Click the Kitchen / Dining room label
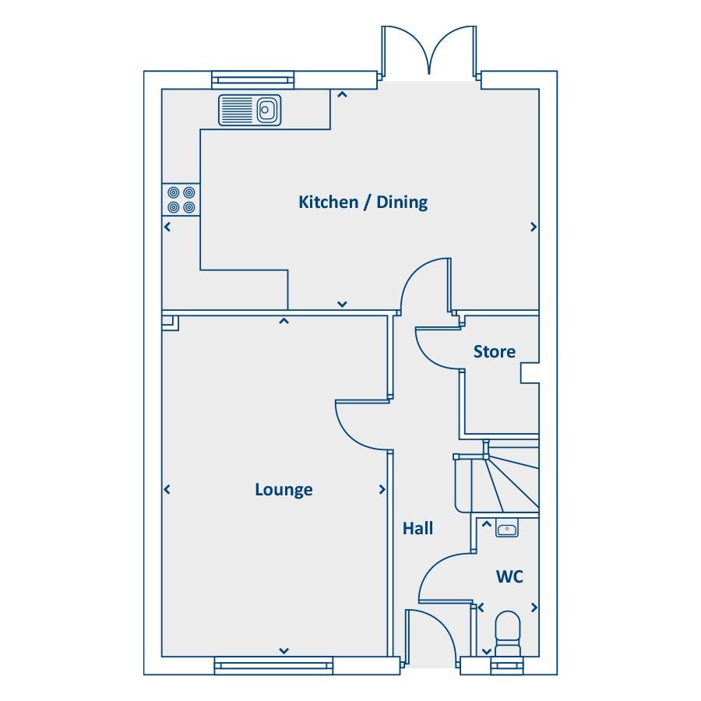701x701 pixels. (x=363, y=202)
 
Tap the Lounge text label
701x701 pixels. (x=284, y=490)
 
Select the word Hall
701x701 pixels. (x=417, y=528)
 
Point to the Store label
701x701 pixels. (x=494, y=352)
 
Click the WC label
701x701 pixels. (x=509, y=576)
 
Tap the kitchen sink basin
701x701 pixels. (x=266, y=110)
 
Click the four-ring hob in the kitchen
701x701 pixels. (x=181, y=200)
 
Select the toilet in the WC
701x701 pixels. (x=508, y=634)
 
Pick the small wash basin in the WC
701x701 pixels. (x=506, y=529)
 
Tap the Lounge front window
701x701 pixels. (x=273, y=666)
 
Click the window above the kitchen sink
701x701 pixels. (x=253, y=80)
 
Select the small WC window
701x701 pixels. (x=507, y=666)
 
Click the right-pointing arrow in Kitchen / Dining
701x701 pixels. (x=533, y=227)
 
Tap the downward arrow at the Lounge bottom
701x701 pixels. (x=284, y=651)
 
